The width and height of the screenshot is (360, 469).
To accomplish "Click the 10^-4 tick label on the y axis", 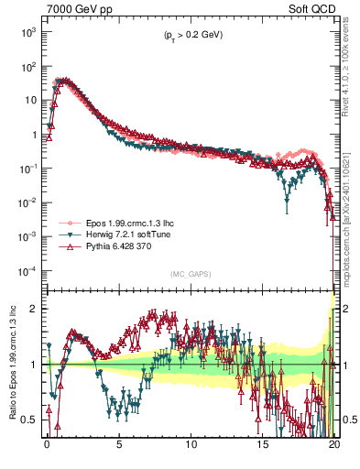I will [27, 270].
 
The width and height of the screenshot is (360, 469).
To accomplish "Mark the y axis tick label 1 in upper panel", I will [34, 135].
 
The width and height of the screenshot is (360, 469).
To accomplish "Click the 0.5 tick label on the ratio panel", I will [29, 420].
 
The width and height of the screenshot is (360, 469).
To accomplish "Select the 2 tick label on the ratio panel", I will [34, 309].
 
